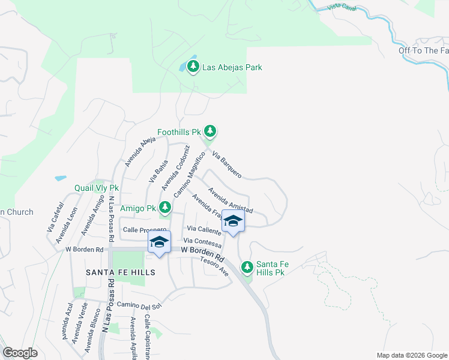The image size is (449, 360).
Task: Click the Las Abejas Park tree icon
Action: pyautogui.click(x=193, y=67)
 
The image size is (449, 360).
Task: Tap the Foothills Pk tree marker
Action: pyautogui.click(x=209, y=131)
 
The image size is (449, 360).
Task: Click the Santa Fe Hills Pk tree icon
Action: pyautogui.click(x=247, y=266)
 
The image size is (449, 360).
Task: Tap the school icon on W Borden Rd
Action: pyautogui.click(x=159, y=242)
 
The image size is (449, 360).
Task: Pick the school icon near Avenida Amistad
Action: pyautogui.click(x=233, y=223)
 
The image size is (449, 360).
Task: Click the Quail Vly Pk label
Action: pyautogui.click(x=97, y=188)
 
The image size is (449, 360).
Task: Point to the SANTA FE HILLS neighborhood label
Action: pyautogui.click(x=121, y=272)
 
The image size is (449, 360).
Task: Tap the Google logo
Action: pyautogui.click(x=20, y=353)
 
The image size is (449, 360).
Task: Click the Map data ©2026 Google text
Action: pyautogui.click(x=411, y=355)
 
